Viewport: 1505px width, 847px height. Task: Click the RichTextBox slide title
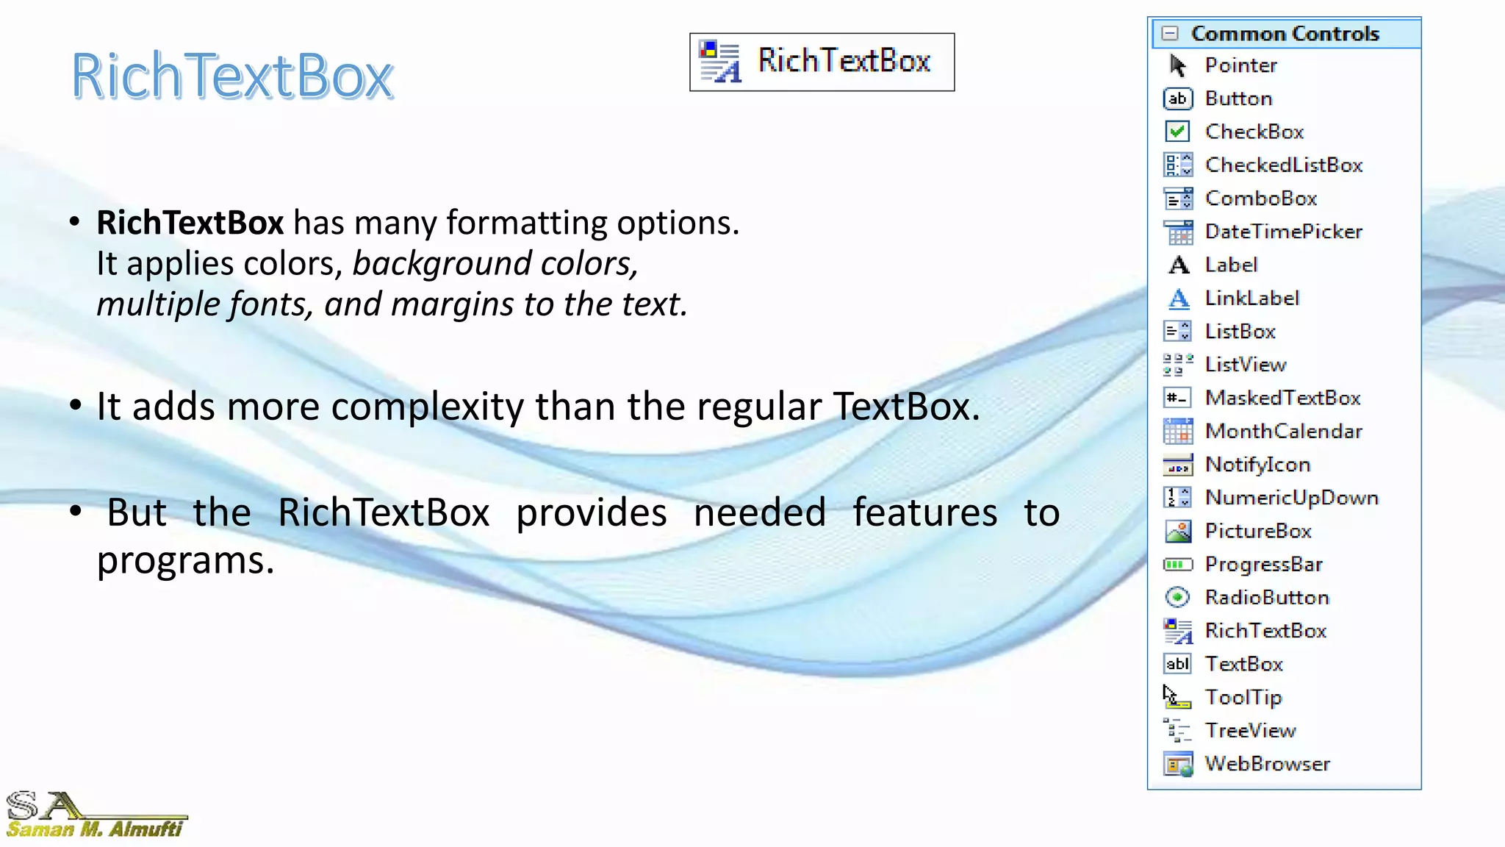click(x=231, y=76)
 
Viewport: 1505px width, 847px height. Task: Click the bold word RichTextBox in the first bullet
click(x=190, y=223)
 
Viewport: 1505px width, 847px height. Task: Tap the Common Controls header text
click(x=1285, y=34)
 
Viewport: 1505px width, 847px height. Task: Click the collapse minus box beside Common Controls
click(x=1170, y=34)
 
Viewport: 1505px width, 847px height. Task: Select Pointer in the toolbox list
click(x=1240, y=65)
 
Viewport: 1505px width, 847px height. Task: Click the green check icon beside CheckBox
click(x=1177, y=132)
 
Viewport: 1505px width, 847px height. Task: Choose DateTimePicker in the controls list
click(x=1283, y=232)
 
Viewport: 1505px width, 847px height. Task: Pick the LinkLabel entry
click(x=1251, y=298)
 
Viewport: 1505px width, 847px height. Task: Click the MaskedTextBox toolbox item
click(x=1282, y=398)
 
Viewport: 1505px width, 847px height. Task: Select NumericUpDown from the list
click(x=1291, y=498)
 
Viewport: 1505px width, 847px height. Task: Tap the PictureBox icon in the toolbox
click(x=1178, y=531)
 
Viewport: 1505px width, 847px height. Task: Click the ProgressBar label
click(x=1263, y=564)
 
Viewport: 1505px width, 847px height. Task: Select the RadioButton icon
click(x=1177, y=597)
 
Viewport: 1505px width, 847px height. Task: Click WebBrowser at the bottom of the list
click(x=1267, y=764)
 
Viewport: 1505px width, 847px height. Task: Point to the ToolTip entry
click(x=1243, y=697)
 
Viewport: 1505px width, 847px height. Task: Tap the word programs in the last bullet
click(x=185, y=560)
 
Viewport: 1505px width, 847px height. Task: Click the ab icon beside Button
click(x=1177, y=99)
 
